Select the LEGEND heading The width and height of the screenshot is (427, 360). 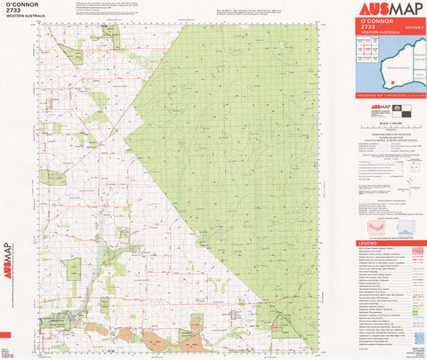tap(367, 244)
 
